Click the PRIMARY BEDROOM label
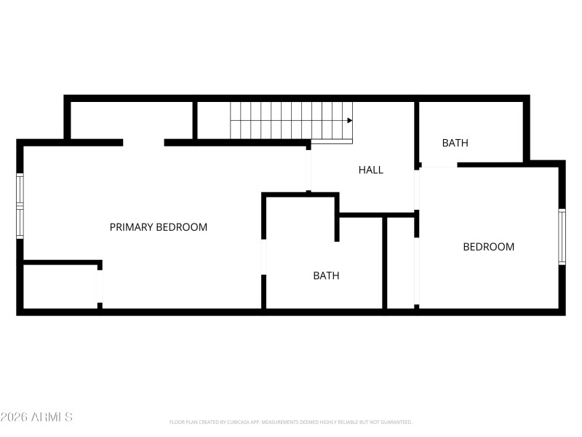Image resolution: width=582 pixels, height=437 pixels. pyautogui.click(x=158, y=227)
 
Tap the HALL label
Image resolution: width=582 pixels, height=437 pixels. pyautogui.click(x=370, y=170)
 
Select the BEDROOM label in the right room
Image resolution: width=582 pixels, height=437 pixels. pyautogui.click(x=488, y=247)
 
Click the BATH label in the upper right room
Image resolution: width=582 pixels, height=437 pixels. pyautogui.click(x=455, y=143)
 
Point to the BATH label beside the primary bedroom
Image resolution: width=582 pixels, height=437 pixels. pyautogui.click(x=326, y=276)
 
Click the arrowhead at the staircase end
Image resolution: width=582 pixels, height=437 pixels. pyautogui.click(x=349, y=120)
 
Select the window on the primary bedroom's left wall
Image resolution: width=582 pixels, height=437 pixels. pyautogui.click(x=20, y=206)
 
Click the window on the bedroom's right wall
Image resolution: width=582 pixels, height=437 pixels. pyautogui.click(x=562, y=237)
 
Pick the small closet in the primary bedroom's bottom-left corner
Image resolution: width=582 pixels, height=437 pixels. pyautogui.click(x=60, y=286)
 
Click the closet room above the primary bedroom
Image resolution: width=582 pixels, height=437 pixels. pyautogui.click(x=131, y=120)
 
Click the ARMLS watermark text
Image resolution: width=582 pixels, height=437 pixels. pyautogui.click(x=36, y=417)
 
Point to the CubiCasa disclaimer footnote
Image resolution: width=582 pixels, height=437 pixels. pyautogui.click(x=291, y=422)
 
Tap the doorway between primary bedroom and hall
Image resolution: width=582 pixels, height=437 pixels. pyautogui.click(x=308, y=170)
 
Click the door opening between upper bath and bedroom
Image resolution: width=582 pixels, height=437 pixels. pyautogui.click(x=439, y=165)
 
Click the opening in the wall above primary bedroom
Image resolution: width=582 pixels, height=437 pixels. pyautogui.click(x=143, y=143)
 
